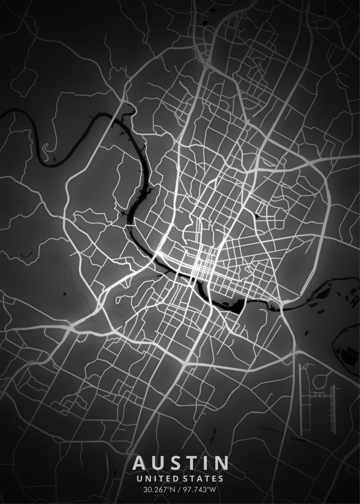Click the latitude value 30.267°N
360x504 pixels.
(159, 489)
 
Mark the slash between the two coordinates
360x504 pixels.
(179, 489)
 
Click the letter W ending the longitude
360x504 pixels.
(213, 489)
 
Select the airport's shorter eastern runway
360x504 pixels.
(334, 405)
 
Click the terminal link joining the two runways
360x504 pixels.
(318, 394)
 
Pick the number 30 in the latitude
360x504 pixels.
(147, 489)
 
